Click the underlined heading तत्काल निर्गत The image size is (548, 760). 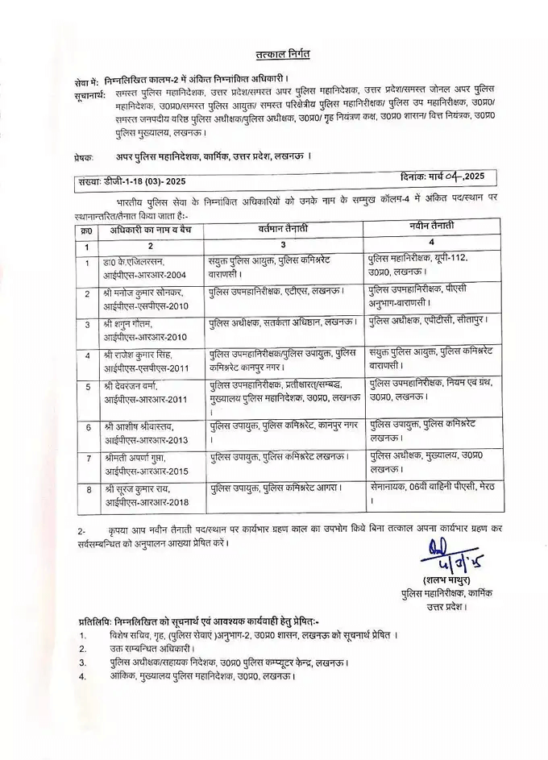coord(276,53)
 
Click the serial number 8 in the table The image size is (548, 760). coord(86,488)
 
